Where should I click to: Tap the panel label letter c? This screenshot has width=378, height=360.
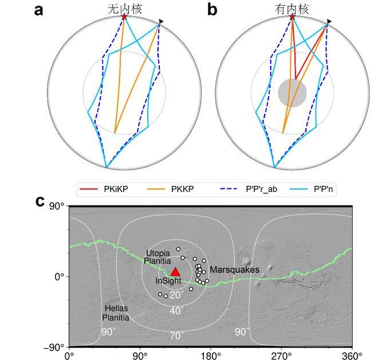point(40,201)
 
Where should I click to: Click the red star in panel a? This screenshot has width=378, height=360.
point(124,17)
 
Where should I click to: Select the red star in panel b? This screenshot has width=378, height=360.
point(292,17)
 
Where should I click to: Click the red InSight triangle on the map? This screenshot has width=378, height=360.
point(176,271)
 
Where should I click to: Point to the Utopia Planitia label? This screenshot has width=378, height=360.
point(158,255)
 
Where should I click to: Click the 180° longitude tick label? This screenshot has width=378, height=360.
point(211,354)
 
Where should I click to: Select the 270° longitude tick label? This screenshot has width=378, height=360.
point(281,354)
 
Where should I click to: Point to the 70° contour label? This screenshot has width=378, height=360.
point(176,335)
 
